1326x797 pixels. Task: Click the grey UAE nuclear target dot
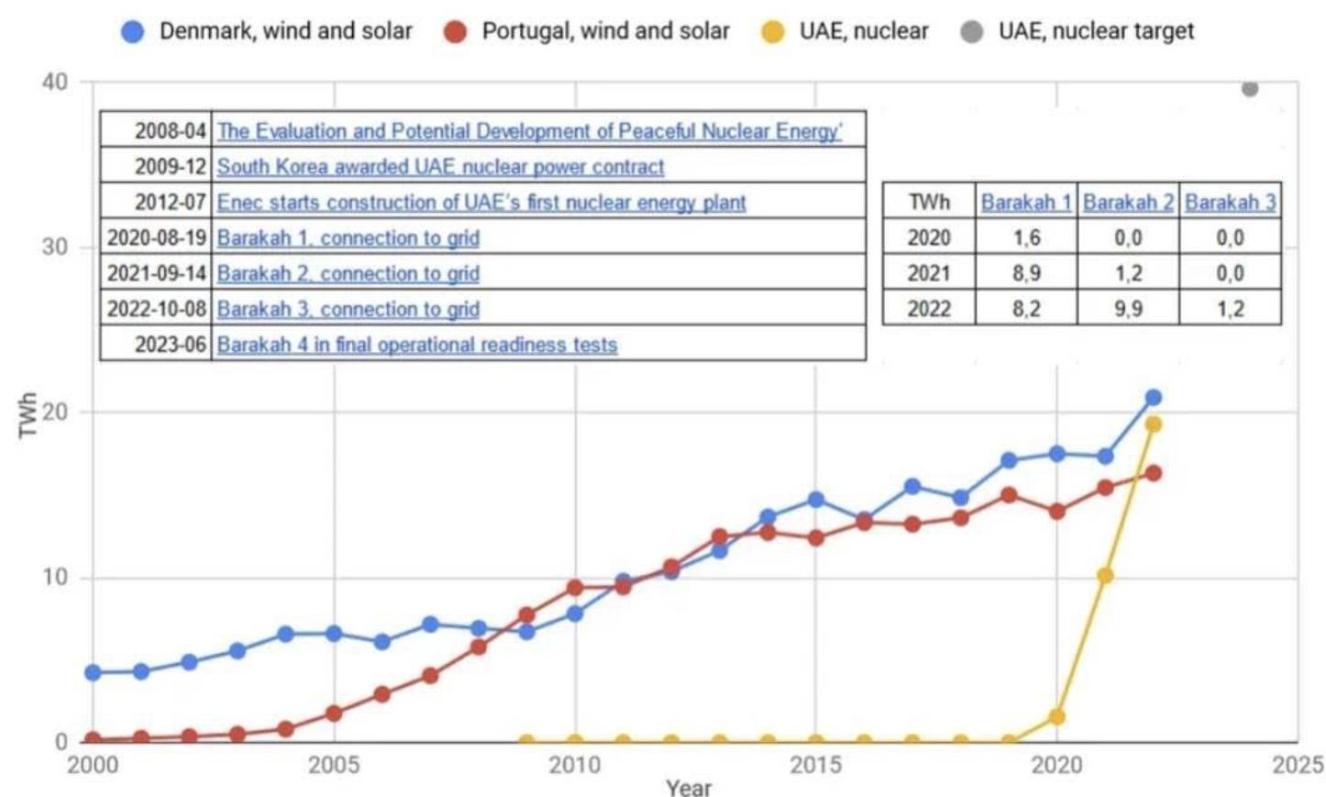point(1249,88)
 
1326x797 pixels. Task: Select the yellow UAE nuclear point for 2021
point(1105,576)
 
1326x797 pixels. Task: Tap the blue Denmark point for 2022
point(1154,397)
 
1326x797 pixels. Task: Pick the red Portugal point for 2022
point(1154,473)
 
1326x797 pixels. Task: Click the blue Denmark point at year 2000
point(93,672)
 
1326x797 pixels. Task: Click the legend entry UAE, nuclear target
point(1096,31)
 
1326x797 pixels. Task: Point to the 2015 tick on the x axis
point(815,765)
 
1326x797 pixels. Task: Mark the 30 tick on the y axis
point(54,247)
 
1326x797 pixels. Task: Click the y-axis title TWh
point(28,415)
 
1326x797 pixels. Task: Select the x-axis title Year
point(689,787)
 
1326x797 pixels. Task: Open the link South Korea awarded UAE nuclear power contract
point(440,167)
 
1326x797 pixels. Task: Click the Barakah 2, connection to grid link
point(348,273)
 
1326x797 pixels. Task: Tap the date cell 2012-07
point(171,202)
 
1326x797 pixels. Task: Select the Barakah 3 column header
point(1230,202)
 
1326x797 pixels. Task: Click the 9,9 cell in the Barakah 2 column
point(1128,309)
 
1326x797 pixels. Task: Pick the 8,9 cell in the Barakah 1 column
point(1026,273)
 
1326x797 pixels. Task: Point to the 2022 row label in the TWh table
point(928,309)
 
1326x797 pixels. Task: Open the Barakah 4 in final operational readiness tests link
point(417,345)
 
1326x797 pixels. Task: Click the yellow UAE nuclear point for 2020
point(1056,716)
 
